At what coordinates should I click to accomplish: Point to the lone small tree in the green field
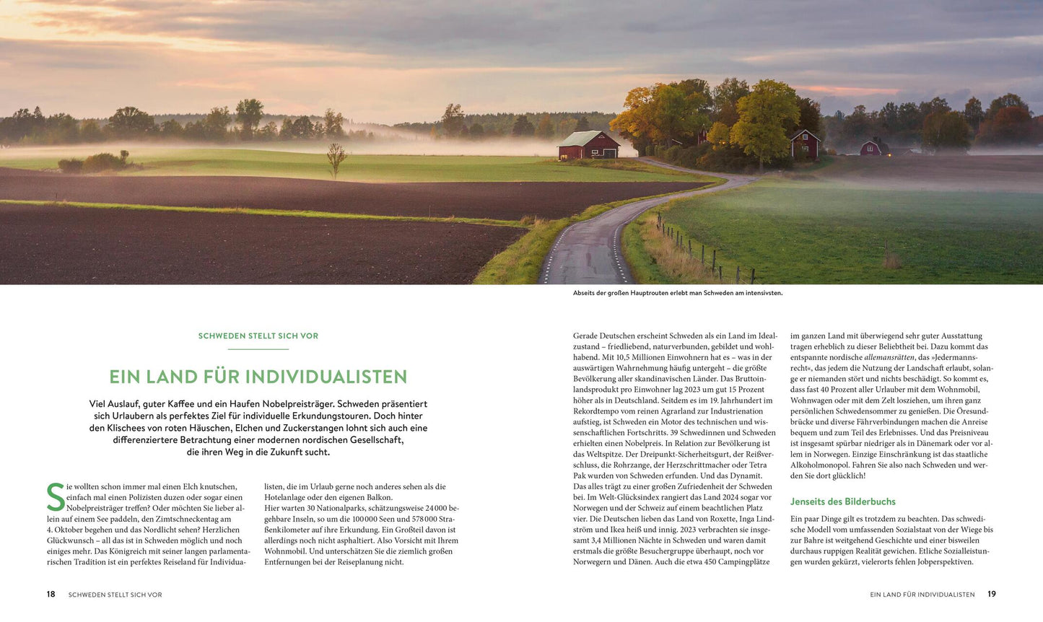pos(336,158)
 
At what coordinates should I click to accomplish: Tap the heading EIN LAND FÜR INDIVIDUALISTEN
pos(258,377)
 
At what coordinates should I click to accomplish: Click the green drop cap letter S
pos(55,497)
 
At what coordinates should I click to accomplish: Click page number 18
pos(51,594)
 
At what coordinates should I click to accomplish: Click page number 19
pos(992,594)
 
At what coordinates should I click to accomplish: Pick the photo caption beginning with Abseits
pos(677,293)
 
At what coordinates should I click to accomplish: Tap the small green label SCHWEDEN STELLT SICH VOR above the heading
pos(258,336)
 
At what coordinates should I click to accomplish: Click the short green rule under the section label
pos(258,349)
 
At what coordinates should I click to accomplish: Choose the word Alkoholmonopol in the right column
pos(824,465)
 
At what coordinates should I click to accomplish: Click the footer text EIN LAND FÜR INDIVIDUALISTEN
pos(922,595)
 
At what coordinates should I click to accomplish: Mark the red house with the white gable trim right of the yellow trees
pos(805,145)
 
